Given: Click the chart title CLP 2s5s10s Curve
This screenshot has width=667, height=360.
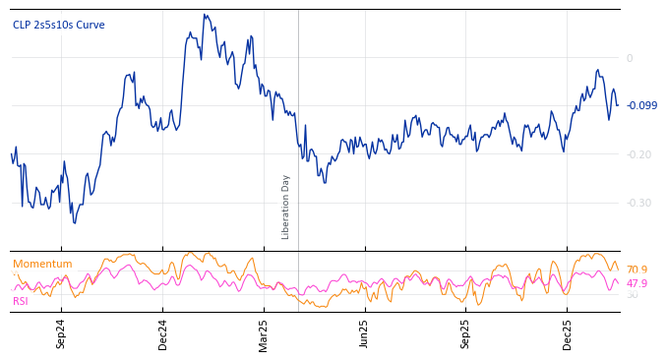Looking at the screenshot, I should pos(58,26).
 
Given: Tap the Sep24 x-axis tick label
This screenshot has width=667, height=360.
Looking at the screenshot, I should pos(61,333).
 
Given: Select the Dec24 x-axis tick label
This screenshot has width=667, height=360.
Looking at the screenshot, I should pos(163,333).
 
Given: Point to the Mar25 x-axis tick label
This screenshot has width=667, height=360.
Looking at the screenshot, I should pos(264,333).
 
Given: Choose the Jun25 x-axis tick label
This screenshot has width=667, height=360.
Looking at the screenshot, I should pos(365,333).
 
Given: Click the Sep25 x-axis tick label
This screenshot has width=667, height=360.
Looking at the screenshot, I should pos(466,333).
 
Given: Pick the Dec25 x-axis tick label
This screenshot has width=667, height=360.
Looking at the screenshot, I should pos(568,333).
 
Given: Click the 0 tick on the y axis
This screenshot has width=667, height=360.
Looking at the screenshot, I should pos(630,58).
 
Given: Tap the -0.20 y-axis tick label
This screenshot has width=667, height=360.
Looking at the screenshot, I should pos(639,154).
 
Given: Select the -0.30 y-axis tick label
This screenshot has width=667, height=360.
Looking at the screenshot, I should pos(639,203).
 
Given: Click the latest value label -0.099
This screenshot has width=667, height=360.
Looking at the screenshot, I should pos(641,106).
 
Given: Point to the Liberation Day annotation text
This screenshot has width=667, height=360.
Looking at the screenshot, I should pos(286,207).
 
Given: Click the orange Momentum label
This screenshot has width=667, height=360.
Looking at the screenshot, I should pos(42,265).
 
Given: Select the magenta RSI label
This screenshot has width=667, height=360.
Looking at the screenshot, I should pos(20,301).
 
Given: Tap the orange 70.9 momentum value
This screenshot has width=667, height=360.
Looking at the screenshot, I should pos(637,270).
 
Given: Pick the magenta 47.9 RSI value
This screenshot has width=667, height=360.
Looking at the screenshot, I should pos(637,283).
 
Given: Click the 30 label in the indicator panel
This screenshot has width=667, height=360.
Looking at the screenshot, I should pos(632,295).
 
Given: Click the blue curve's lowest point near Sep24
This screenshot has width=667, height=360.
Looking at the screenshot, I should pos(74,223).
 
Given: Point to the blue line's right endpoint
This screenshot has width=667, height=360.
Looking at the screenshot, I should pos(618,105).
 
